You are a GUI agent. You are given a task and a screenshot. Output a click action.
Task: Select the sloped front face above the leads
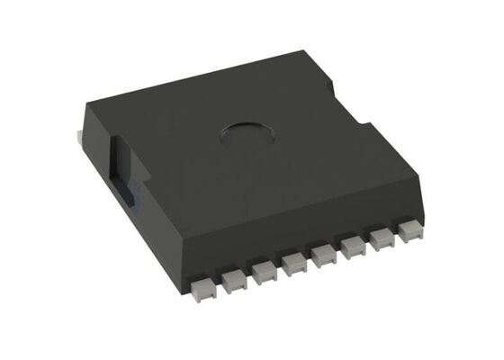tap(297, 229)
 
